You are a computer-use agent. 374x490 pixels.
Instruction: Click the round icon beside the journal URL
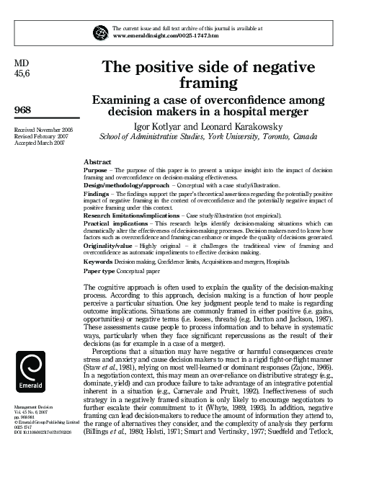[101, 30]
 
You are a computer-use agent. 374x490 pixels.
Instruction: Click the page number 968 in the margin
[23, 109]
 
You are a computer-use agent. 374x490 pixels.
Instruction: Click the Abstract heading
[97, 162]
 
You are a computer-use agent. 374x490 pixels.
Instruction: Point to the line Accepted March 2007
[40, 143]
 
